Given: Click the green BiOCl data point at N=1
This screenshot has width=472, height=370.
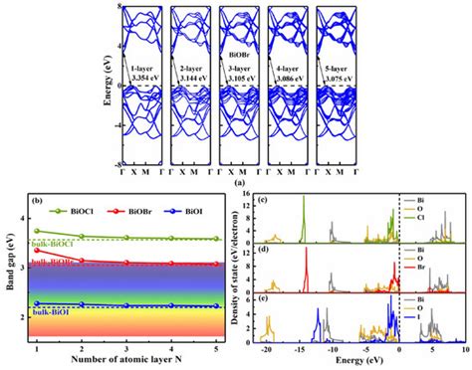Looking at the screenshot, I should pos(37,231).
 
